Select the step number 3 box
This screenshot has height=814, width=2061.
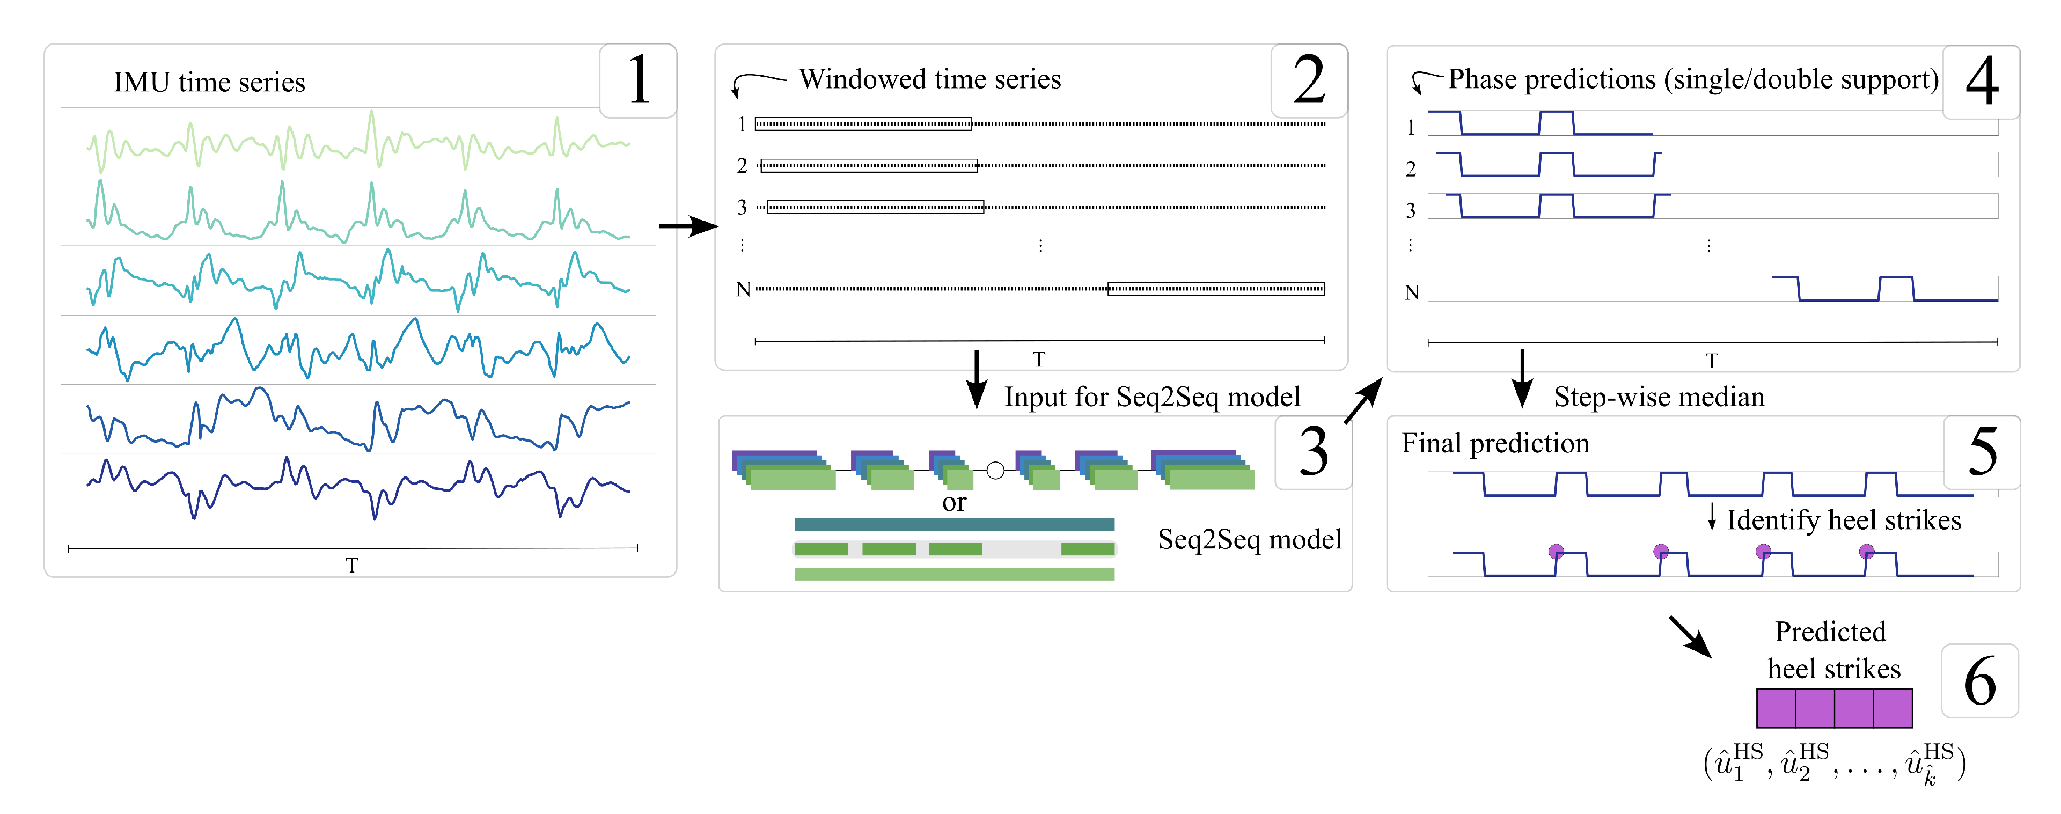[x=1313, y=452]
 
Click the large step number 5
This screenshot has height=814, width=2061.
[x=1983, y=452]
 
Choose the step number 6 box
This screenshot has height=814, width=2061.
[x=1979, y=681]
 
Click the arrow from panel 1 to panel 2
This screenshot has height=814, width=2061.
[x=688, y=226]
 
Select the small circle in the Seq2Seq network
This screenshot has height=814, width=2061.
[x=995, y=471]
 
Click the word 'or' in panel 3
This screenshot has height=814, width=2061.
[x=954, y=503]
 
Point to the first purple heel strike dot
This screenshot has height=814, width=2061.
[x=1556, y=551]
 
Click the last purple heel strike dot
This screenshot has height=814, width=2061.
[x=1867, y=551]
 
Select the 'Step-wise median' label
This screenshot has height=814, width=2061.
[x=1659, y=397]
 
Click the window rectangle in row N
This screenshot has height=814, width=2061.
[x=1215, y=289]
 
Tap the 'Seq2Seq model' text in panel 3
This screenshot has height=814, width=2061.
[x=1249, y=539]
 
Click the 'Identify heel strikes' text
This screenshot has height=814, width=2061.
[x=1843, y=520]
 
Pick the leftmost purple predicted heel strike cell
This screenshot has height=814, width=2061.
[x=1776, y=708]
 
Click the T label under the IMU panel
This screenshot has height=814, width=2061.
[x=352, y=565]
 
